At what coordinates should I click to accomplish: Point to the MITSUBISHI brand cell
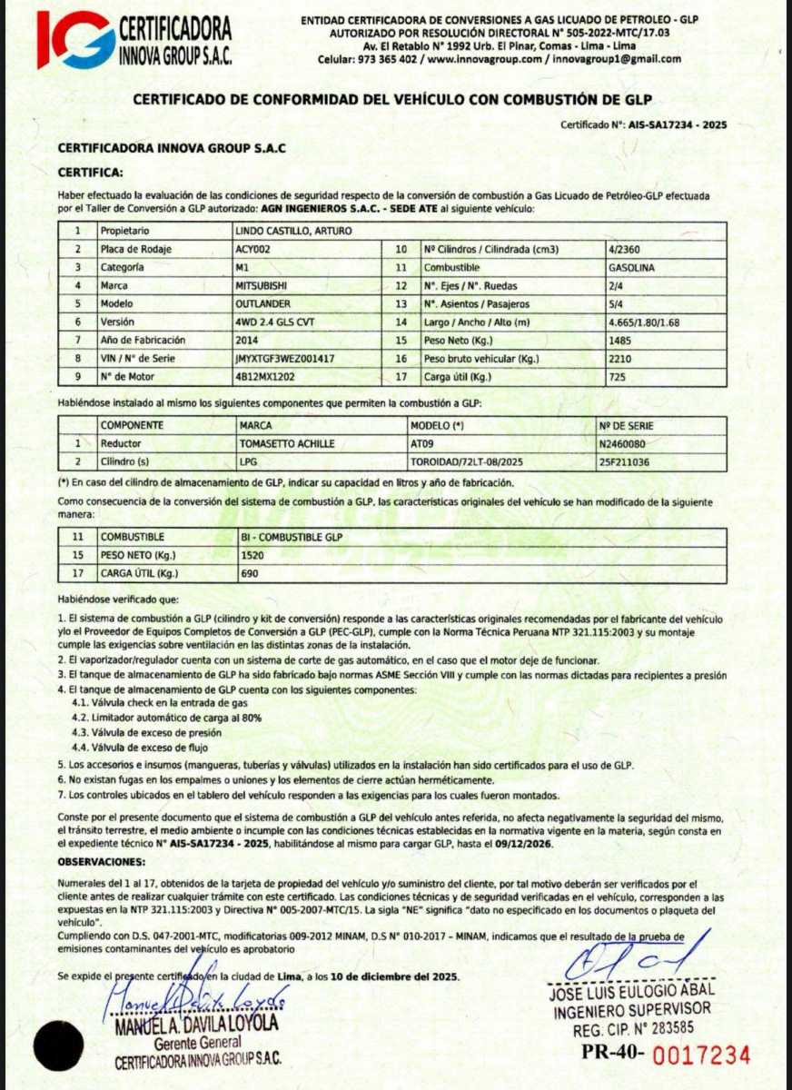click(261, 285)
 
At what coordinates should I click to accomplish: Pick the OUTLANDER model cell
click(262, 303)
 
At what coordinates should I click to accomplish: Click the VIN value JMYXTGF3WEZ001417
click(284, 358)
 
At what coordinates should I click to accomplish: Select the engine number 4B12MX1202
click(264, 376)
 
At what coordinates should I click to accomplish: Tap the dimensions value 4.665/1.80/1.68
click(643, 322)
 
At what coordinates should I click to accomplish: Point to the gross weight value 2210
click(619, 358)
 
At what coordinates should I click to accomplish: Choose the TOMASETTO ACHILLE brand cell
click(286, 443)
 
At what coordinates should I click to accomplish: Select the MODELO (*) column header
click(442, 425)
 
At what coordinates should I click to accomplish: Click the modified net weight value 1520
click(252, 556)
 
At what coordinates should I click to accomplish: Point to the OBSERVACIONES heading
click(101, 860)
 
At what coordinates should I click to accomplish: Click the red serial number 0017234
click(701, 1055)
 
